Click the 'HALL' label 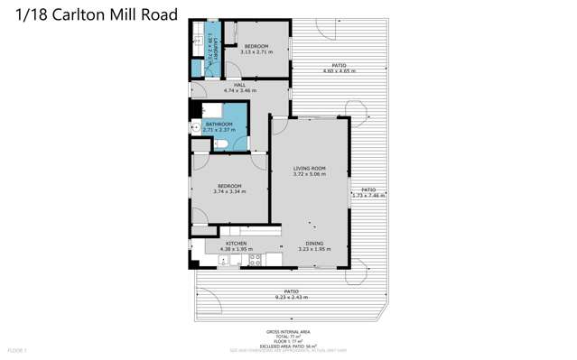[x=239, y=85]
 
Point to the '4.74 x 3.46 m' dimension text [x=239, y=90]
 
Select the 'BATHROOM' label [x=219, y=125]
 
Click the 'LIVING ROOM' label [x=309, y=169]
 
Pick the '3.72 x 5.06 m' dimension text [x=309, y=174]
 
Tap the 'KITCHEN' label [x=236, y=244]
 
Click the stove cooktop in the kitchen [x=256, y=260]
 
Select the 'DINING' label [x=313, y=244]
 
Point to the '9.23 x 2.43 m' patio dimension [x=291, y=297]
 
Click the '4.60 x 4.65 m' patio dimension [x=339, y=70]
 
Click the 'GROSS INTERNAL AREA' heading [x=291, y=332]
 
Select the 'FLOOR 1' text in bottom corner [x=17, y=349]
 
